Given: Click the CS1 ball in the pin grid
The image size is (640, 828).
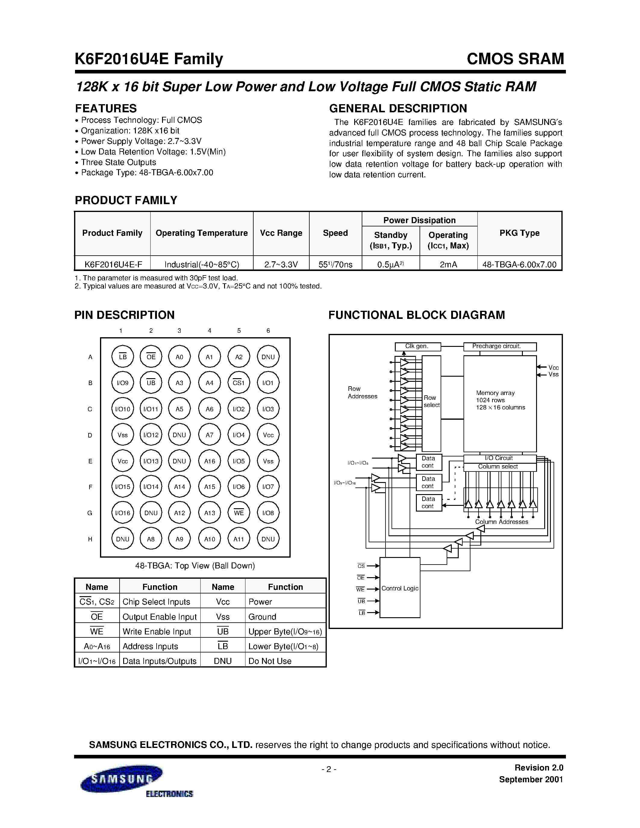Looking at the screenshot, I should [239, 383].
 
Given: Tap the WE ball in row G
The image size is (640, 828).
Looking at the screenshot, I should [239, 513].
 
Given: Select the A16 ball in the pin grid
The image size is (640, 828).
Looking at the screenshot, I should [209, 461].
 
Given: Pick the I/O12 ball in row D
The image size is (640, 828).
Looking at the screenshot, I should [151, 435].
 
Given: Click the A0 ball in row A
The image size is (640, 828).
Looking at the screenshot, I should [179, 357].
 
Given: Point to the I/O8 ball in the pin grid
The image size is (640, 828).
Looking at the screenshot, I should [268, 513].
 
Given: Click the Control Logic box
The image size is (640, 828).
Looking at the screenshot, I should [400, 588].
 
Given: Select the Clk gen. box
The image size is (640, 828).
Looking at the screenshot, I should [417, 347].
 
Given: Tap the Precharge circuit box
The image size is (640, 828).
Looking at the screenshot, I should [500, 347].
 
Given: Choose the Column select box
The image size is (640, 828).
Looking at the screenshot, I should [500, 467].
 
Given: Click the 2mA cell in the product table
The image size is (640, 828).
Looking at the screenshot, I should [448, 264].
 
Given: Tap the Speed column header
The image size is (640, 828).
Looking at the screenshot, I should [335, 233].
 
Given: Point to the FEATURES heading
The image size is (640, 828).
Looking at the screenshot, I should [106, 108].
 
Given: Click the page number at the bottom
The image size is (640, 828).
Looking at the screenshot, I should [329, 769].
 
